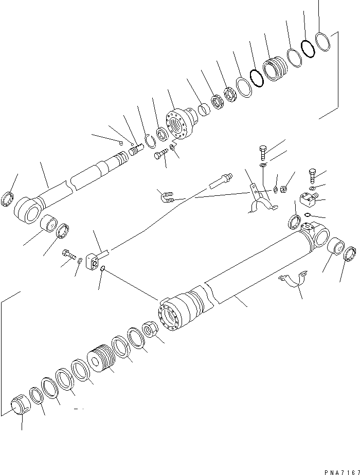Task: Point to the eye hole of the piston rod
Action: click(28, 211)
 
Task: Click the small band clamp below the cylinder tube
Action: click(294, 281)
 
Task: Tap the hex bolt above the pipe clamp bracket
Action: click(262, 152)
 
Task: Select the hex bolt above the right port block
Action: click(312, 175)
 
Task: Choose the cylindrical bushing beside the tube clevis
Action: click(336, 247)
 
